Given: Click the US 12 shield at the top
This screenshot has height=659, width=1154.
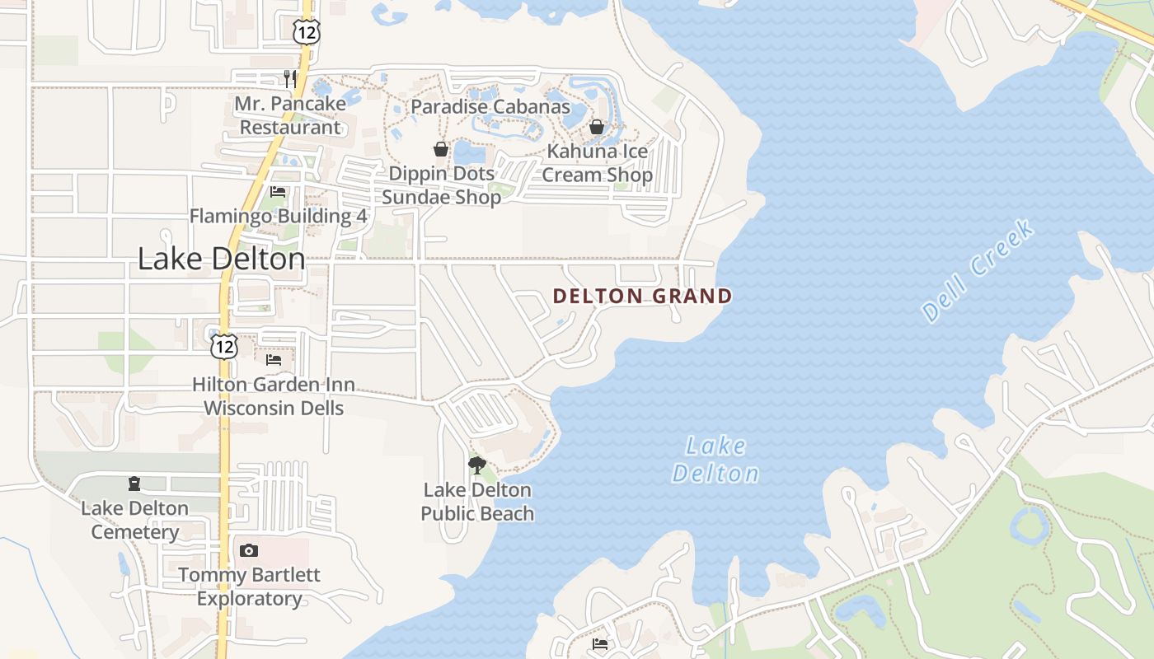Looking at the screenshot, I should click(305, 31).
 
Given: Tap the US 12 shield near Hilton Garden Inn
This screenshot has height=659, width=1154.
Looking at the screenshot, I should click(223, 346).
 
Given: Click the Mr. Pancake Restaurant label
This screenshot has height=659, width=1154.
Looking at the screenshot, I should click(289, 115).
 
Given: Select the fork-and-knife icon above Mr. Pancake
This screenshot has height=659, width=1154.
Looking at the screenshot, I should click(289, 79).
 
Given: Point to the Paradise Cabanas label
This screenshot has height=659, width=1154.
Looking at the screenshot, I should click(490, 106).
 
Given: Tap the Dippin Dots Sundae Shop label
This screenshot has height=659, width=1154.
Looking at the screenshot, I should click(441, 185).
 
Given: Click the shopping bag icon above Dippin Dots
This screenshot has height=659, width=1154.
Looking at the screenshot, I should click(441, 149).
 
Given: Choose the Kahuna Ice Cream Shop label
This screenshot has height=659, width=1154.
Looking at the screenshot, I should click(597, 163).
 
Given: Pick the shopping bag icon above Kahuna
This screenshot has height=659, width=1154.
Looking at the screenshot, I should click(597, 127).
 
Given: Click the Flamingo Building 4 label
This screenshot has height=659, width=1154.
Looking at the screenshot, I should click(278, 216).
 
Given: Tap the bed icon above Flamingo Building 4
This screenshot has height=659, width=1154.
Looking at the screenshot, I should click(278, 192).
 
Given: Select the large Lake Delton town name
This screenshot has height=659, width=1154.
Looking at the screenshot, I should click(221, 259).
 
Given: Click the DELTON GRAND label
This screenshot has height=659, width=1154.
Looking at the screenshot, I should click(642, 297).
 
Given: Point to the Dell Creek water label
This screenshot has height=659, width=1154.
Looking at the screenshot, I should click(978, 270).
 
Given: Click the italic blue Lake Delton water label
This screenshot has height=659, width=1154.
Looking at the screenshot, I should click(715, 460).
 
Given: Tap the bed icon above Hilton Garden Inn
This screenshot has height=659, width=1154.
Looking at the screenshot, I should click(274, 360).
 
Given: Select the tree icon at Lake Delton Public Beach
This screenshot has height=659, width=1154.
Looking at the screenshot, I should click(476, 465).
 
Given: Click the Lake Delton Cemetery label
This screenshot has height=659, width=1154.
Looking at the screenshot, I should click(134, 520).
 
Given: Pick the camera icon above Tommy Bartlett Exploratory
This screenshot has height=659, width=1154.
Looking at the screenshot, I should click(249, 550).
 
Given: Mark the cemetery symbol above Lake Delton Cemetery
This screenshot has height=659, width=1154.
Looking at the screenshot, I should click(134, 484).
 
